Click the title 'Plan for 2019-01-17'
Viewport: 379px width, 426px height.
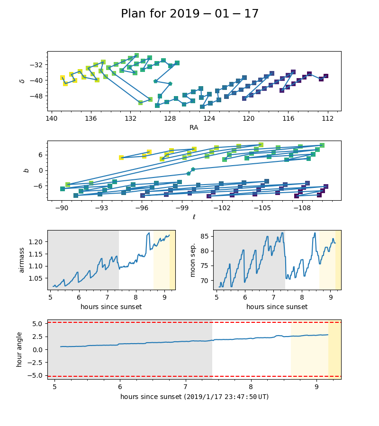(x=189, y=14)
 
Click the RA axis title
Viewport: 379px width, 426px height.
(x=194, y=127)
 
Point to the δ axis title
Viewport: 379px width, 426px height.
(x=22, y=81)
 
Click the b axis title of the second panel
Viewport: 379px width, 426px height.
(x=27, y=170)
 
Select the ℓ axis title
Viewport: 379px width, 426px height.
(x=194, y=217)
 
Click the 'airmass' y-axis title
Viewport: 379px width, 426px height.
(x=21, y=260)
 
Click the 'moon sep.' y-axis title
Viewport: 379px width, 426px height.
(x=193, y=260)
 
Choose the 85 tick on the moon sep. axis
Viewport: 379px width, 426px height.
(x=204, y=236)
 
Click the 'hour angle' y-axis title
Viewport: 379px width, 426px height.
(x=19, y=349)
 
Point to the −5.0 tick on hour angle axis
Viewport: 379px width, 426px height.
(x=35, y=375)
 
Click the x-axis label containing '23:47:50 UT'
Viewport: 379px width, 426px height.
(x=194, y=397)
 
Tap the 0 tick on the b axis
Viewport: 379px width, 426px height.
(x=41, y=170)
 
